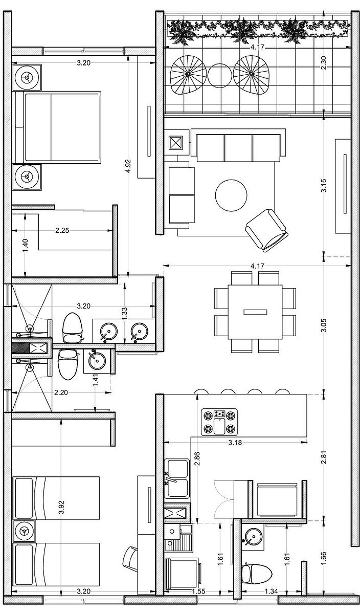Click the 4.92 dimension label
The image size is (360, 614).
pos(128,167)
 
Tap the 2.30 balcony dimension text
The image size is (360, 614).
pos(324,63)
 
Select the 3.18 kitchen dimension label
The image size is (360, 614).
pos(235,443)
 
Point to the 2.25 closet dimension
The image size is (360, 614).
pos(62,230)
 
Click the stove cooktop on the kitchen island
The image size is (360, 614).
pos(219,422)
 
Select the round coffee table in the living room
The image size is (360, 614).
pos(231,195)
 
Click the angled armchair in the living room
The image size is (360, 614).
pos(266,231)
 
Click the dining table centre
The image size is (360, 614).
pos(255,312)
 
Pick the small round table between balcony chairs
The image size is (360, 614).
pos(219,76)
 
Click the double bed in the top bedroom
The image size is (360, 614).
pos(58,127)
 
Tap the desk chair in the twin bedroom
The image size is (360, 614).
pos(130,556)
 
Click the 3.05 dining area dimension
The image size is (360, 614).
pos(324,325)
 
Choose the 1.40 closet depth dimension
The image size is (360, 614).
pos(25,246)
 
